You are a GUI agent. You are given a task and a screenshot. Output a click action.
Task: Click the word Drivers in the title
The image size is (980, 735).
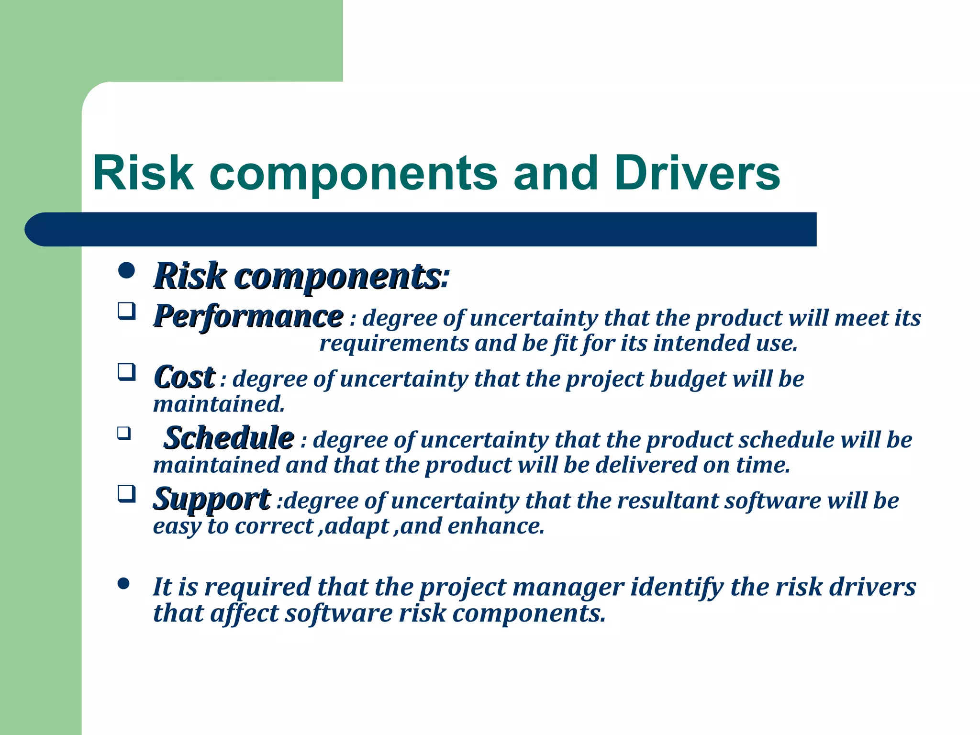[697, 173]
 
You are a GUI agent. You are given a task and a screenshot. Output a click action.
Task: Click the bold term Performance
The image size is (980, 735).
[248, 316]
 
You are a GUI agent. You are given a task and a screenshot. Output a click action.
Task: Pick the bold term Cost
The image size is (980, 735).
[184, 377]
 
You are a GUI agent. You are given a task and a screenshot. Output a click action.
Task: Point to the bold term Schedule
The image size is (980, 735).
[229, 437]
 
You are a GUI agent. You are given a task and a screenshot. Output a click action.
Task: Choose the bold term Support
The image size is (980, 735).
[212, 499]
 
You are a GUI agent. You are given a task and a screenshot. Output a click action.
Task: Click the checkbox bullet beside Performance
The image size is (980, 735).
[126, 312]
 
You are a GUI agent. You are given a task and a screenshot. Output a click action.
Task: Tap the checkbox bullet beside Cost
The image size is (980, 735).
[126, 372]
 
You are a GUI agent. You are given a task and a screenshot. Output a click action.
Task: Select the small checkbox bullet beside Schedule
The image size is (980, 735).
[124, 434]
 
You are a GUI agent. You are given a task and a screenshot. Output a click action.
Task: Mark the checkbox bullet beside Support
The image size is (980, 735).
[126, 493]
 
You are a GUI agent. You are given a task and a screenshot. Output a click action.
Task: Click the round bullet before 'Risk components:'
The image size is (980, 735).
[126, 271]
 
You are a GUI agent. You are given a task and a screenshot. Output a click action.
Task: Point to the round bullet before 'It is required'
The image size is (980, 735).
[123, 584]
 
